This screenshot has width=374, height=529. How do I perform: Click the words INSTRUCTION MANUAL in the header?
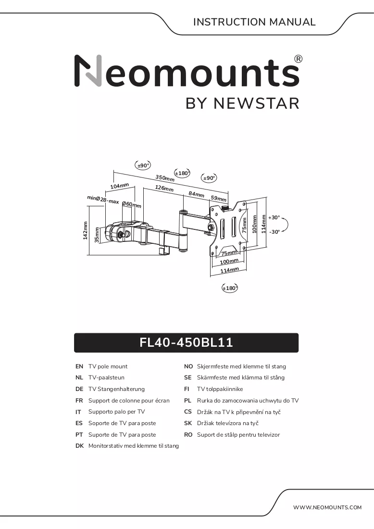tap(254, 22)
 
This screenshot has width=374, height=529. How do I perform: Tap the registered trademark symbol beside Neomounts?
tap(299, 59)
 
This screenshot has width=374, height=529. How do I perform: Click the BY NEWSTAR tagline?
tap(242, 103)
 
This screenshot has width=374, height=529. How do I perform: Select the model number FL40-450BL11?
tap(186, 342)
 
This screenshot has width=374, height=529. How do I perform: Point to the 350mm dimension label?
tap(165, 178)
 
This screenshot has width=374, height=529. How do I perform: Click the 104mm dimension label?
tap(120, 186)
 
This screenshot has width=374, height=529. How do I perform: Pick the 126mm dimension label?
tap(164, 188)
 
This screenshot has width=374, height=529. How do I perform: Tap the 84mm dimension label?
tap(196, 194)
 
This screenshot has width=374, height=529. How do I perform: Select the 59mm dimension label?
tap(219, 198)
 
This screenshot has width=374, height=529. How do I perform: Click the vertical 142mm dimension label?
tap(85, 230)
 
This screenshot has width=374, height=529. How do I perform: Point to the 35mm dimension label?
tap(97, 235)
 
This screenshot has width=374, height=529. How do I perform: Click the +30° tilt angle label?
tap(274, 217)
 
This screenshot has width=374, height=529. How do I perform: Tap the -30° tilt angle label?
tap(274, 232)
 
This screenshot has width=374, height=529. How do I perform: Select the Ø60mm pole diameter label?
tap(132, 204)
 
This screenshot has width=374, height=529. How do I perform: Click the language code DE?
tap(79, 389)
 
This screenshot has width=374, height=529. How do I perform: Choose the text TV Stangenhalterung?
tap(116, 390)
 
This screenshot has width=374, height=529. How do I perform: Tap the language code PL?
tap(187, 401)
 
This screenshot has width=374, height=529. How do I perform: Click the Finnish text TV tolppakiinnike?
tap(220, 390)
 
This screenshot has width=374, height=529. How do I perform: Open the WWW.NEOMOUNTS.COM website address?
tap(327, 507)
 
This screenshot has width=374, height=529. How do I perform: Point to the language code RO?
tap(188, 435)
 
